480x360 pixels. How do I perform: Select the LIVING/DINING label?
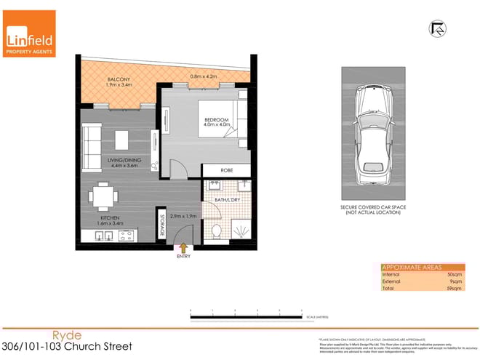[x=125, y=164]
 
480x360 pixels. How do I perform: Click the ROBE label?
[x=226, y=172]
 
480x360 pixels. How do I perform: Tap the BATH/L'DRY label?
[x=227, y=198]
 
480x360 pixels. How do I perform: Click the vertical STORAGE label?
[x=161, y=221]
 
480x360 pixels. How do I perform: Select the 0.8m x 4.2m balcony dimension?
[x=204, y=76]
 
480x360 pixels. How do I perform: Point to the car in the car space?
[x=372, y=138]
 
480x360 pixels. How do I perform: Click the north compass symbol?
[x=439, y=28]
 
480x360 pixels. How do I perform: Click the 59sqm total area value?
[x=455, y=289]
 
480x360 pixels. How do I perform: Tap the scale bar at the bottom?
[x=246, y=313]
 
